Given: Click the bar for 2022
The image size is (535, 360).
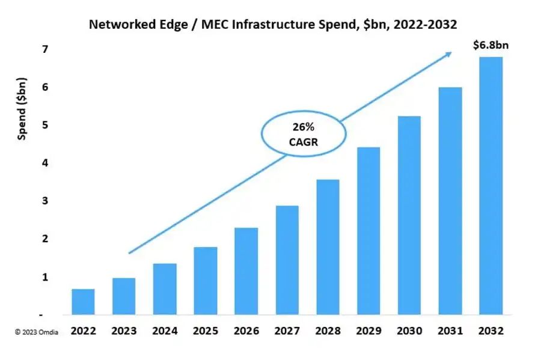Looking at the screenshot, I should (x=83, y=302).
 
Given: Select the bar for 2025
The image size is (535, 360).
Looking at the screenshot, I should (x=205, y=281).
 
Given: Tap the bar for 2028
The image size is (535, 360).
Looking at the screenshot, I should (x=328, y=247).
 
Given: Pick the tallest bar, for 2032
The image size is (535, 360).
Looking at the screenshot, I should (x=491, y=186).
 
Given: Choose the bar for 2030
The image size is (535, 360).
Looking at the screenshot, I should (x=409, y=215).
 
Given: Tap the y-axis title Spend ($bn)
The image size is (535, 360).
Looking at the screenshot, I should (x=22, y=108).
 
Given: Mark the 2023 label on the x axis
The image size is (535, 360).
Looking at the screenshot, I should (x=124, y=331).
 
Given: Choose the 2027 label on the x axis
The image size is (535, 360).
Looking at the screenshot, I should (x=287, y=331).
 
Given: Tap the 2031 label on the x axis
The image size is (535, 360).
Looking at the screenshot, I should (x=450, y=331).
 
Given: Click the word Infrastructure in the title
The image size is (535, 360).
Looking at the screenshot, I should (x=259, y=25).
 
